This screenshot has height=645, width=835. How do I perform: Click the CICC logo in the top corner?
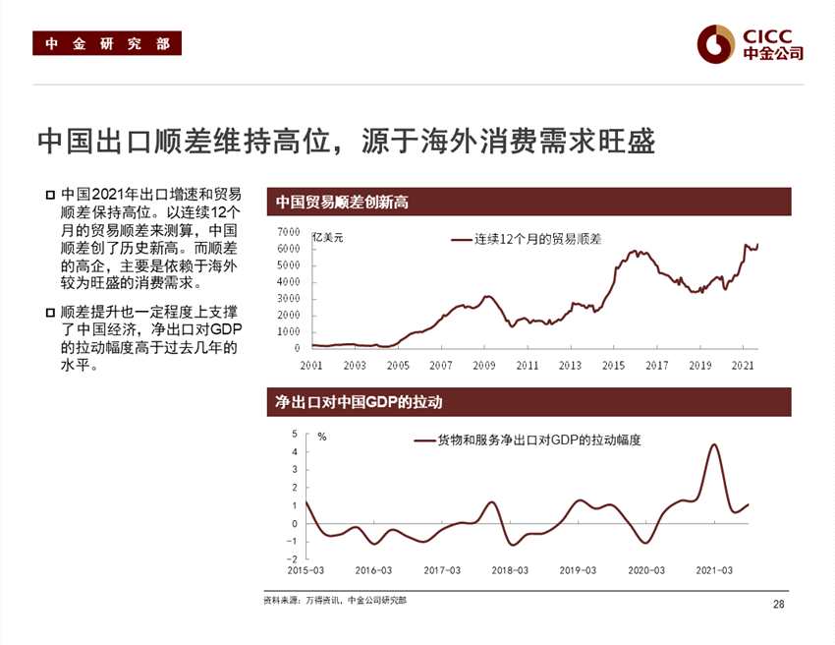(x=750, y=42)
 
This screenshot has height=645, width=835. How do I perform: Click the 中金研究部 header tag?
(x=107, y=44)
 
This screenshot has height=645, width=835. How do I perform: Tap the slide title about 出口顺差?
(x=346, y=140)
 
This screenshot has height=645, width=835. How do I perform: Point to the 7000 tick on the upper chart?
(x=288, y=231)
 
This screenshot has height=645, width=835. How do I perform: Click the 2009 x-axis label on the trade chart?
(x=483, y=365)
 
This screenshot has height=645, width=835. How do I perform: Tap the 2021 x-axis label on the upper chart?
(x=744, y=365)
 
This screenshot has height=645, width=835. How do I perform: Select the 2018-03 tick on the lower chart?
(x=510, y=570)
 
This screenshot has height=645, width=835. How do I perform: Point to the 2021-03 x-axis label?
(x=714, y=570)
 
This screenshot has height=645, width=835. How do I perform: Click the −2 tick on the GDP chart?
(x=293, y=558)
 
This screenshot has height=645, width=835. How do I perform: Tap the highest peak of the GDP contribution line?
(x=713, y=445)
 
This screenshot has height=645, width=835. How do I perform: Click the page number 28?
(x=779, y=604)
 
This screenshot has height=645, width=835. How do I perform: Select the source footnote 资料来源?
(x=335, y=600)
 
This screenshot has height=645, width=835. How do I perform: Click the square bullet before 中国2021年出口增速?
(x=50, y=196)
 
